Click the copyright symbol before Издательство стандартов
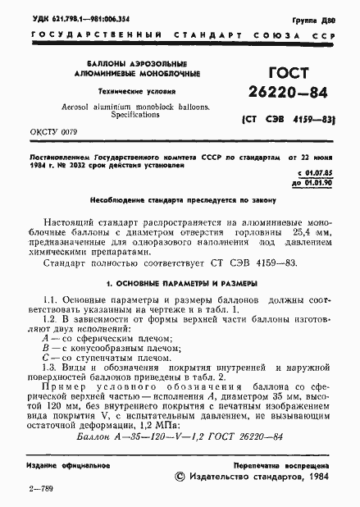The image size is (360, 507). pyautogui.click(x=181, y=478)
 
